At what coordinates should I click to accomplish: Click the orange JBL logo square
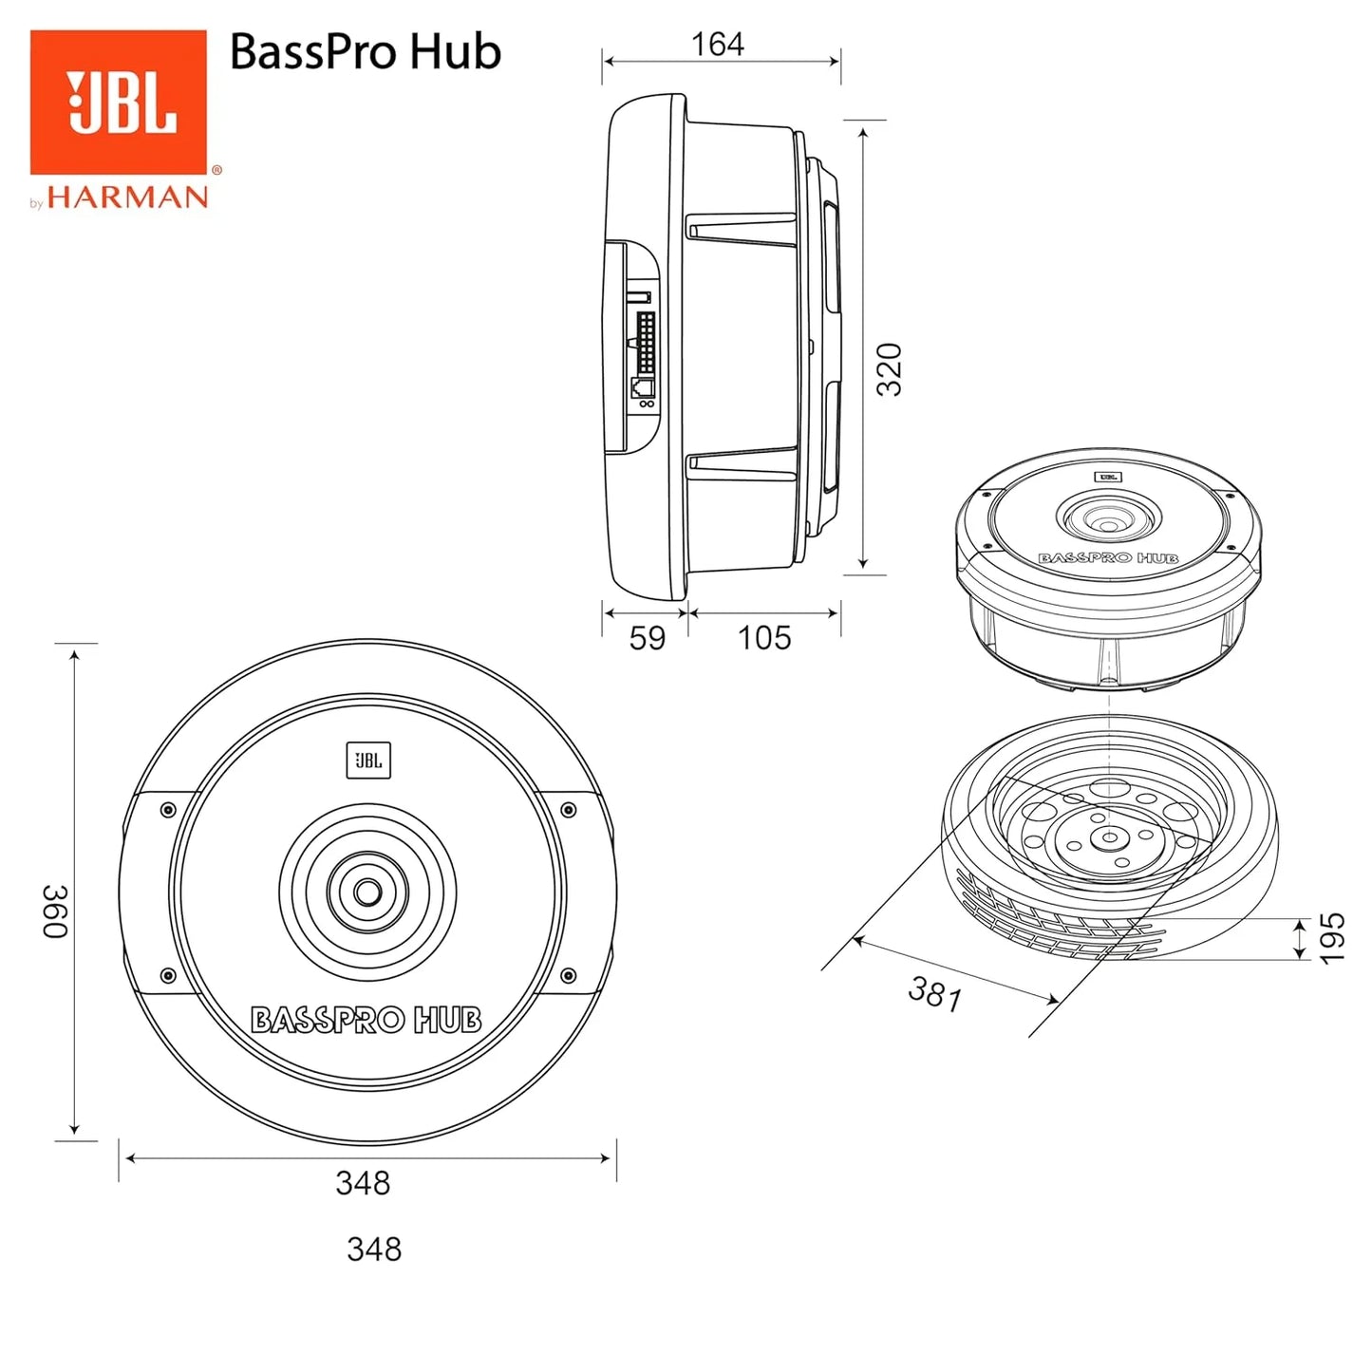click(118, 102)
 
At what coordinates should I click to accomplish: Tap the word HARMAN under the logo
click(127, 197)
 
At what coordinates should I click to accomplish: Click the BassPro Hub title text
click(365, 51)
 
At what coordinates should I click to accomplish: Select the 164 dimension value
click(717, 44)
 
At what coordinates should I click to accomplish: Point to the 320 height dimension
click(889, 369)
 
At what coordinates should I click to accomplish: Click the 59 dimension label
click(648, 638)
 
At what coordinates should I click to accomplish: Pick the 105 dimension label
click(763, 638)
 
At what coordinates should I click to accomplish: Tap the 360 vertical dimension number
click(56, 912)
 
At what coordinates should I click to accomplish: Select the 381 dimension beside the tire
click(935, 994)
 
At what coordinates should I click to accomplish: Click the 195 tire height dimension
click(1332, 938)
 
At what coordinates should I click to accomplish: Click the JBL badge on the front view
click(368, 761)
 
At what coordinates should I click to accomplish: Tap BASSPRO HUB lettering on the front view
click(366, 1021)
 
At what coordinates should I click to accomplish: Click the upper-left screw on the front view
click(168, 810)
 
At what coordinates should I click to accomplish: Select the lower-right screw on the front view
click(568, 975)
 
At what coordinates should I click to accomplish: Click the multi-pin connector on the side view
click(646, 343)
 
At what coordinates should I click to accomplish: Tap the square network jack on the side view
click(643, 387)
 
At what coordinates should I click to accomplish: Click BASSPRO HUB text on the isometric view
click(1108, 558)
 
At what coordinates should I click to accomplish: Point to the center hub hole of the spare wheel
click(1107, 837)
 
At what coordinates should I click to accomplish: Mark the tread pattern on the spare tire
click(1044, 921)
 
